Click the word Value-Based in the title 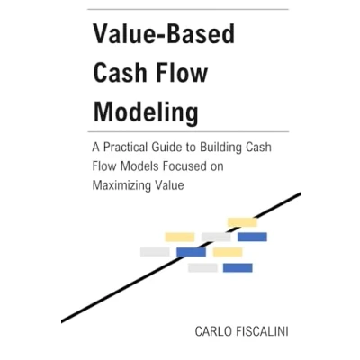coord(164,33)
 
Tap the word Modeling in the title coord(146,112)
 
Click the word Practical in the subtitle coord(126,148)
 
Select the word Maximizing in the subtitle coord(121,185)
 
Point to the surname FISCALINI coord(260,331)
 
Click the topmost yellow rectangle coord(242,222)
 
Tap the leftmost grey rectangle coord(155,252)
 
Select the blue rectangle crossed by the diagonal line coord(192,252)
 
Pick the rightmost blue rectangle coord(252,237)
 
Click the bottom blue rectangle coord(238,267)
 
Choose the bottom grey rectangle coord(202,267)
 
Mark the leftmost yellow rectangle coord(180,237)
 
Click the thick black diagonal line coord(181,257)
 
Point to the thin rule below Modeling coord(188,131)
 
